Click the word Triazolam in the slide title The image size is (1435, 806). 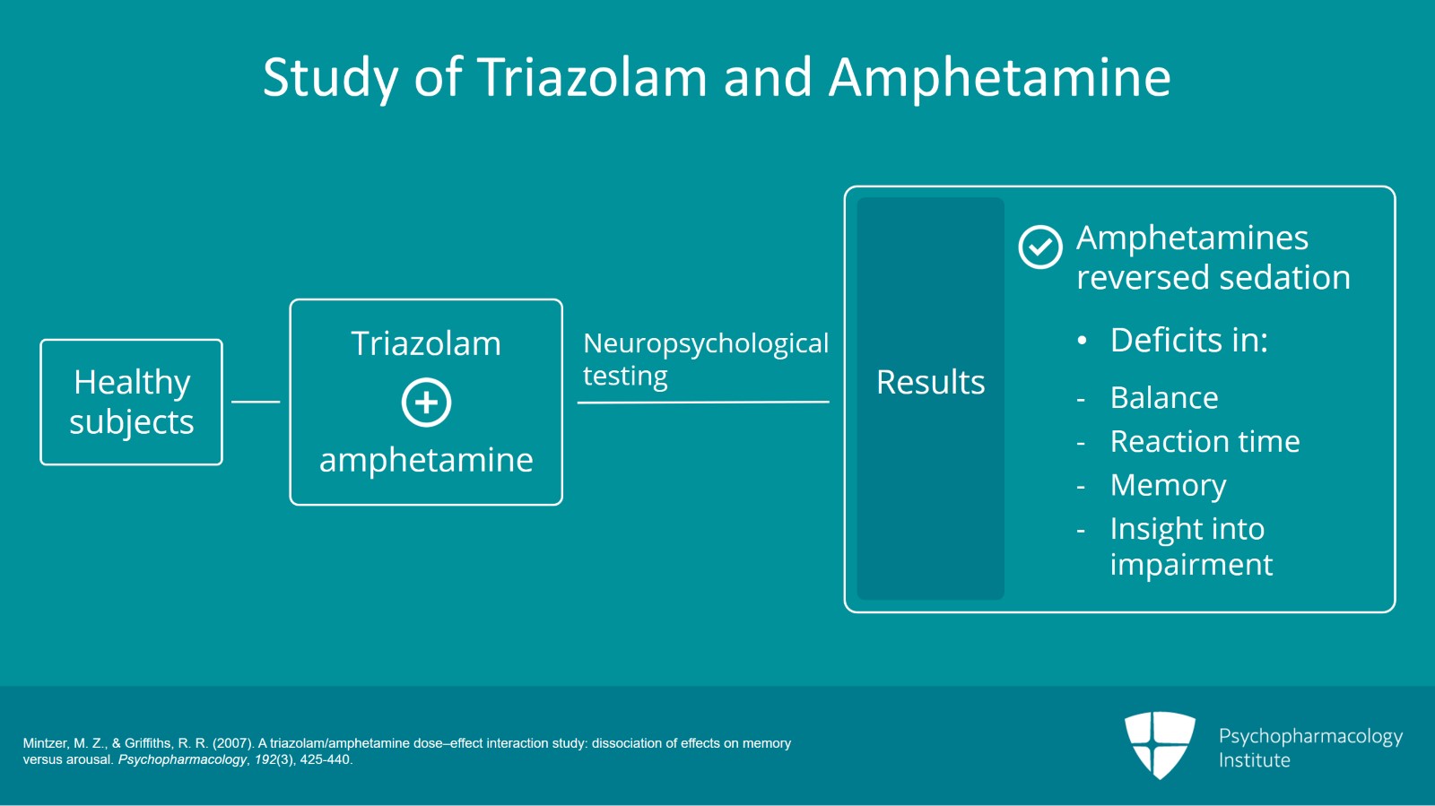[x=593, y=78]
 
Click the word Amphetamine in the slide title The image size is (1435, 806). [x=999, y=78]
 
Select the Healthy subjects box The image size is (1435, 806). [x=131, y=402]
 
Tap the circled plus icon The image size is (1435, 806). [x=426, y=402]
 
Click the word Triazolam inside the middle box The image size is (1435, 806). [x=426, y=344]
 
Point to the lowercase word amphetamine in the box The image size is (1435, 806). [x=426, y=460]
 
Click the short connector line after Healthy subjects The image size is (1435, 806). [x=256, y=402]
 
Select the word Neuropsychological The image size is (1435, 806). [x=706, y=343]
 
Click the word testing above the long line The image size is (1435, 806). [x=625, y=377]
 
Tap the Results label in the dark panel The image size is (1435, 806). [x=930, y=383]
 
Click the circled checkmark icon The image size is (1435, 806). [x=1040, y=247]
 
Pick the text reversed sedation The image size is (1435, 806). [x=1213, y=278]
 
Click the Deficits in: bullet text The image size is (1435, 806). [x=1188, y=341]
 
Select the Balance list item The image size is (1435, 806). [x=1164, y=398]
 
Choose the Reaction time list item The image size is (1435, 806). [x=1205, y=441]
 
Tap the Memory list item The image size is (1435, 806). [x=1168, y=485]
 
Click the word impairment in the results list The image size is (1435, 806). [x=1191, y=565]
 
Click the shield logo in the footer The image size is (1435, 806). [x=1160, y=744]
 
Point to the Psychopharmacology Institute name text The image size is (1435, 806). [x=1309, y=748]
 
